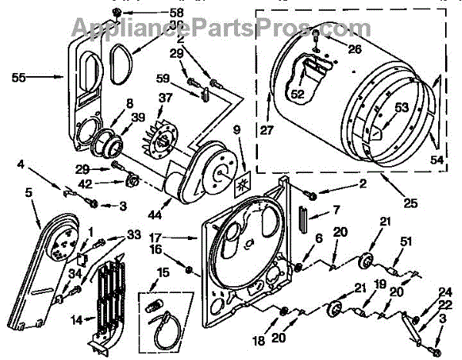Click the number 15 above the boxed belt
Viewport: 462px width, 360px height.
click(x=162, y=273)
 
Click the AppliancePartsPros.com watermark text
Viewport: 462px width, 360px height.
click(x=208, y=28)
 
